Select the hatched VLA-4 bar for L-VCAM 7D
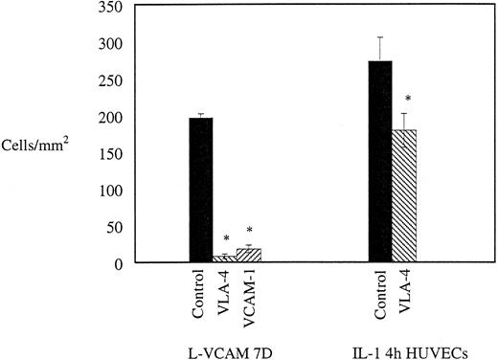(224, 258)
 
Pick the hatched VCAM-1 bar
(248, 255)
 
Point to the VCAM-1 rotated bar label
(248, 293)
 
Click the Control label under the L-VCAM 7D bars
(200, 291)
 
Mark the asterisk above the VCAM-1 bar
(249, 231)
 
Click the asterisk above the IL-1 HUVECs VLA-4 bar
(409, 98)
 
